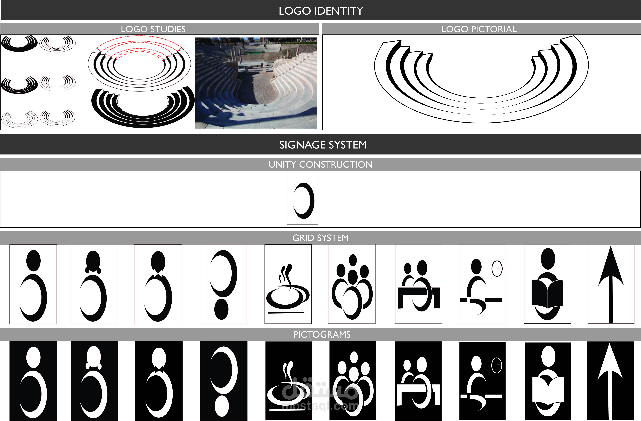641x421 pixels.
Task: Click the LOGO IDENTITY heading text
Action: click(320, 11)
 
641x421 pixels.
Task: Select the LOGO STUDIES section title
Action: click(153, 29)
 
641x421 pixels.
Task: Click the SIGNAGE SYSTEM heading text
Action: click(323, 145)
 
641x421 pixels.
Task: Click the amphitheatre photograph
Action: click(256, 83)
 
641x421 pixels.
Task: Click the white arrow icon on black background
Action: click(610, 381)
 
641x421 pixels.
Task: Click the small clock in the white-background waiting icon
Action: click(497, 268)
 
